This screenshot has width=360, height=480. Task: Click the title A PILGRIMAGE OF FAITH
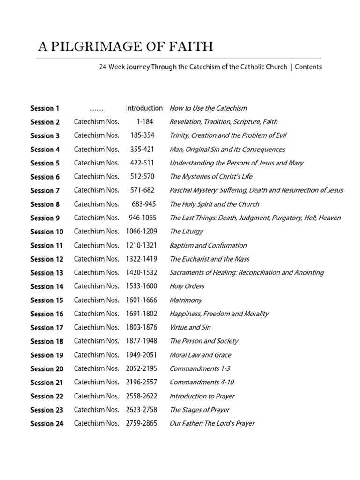coord(126,47)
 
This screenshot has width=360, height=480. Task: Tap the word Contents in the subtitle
coord(308,67)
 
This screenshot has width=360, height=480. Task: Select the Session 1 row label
coord(45,108)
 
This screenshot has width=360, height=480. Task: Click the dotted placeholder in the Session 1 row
coord(96,108)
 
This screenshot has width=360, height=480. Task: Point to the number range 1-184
coord(144,122)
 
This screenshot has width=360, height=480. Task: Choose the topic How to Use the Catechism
coord(208,108)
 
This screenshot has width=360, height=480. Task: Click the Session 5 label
coord(45,163)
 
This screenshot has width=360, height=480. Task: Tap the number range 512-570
coord(143,177)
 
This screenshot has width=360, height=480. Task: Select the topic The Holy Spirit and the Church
coord(214,204)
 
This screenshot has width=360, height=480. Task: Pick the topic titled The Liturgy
coord(187,232)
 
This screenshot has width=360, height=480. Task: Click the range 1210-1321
coord(142,245)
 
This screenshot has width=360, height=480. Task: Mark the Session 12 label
coord(47,259)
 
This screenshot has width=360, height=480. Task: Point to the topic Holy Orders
coord(187,286)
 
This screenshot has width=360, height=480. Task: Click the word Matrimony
coord(186,300)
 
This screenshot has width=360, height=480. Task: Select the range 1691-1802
coord(142,314)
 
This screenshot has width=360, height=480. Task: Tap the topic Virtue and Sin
coord(190,328)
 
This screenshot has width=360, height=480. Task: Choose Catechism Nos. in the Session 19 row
coord(96,355)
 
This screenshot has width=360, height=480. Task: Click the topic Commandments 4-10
coord(202,382)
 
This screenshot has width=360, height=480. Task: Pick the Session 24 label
coord(47,424)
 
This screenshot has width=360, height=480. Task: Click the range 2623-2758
coord(142,410)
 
